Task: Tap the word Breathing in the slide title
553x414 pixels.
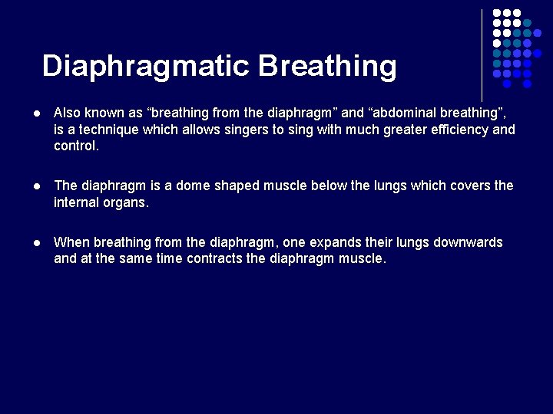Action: tap(328, 67)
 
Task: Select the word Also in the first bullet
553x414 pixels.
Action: tap(68, 113)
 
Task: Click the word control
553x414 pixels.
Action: tap(76, 146)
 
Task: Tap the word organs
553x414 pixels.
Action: tap(127, 203)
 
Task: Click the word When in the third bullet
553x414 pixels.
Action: tap(71, 242)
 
